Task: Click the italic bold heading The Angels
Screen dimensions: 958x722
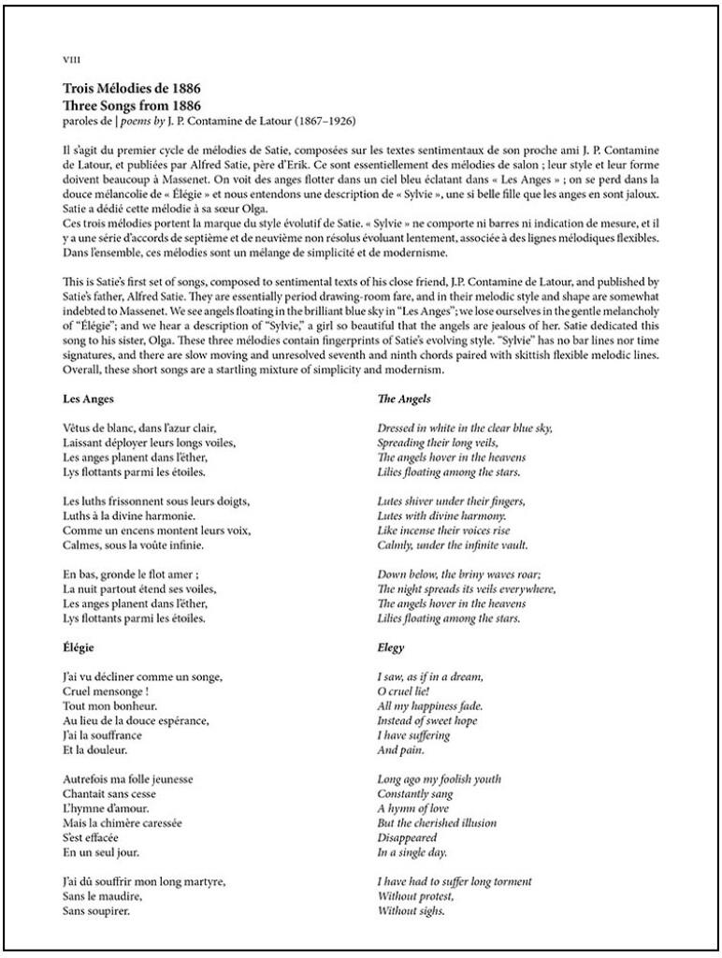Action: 404,399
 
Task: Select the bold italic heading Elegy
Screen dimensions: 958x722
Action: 391,647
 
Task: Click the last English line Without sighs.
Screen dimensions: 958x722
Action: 411,910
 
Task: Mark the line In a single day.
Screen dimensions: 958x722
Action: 412,852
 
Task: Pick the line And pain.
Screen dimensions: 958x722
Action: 400,750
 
